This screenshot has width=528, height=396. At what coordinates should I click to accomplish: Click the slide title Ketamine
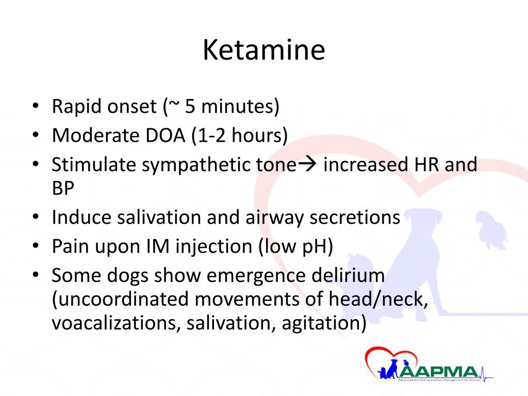[263, 51]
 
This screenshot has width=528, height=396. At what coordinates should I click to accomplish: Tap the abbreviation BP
[63, 188]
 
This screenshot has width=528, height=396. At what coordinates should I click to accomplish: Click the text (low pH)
[295, 246]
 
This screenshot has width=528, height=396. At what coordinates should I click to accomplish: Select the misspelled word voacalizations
[116, 323]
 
